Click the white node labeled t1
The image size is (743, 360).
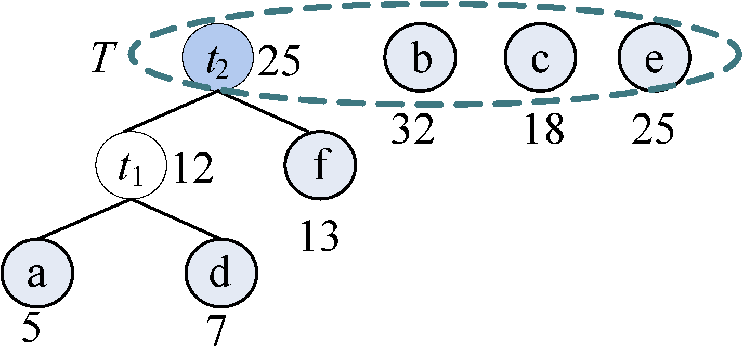pos(131,165)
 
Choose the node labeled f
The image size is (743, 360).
pos(320,164)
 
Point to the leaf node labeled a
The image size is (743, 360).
pos(36,273)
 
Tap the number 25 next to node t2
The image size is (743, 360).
pos(279,62)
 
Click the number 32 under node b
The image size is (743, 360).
pos(413,130)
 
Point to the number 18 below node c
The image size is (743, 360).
pos(544,130)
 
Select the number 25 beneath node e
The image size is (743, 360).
pos(653,130)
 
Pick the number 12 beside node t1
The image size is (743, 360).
pos(193,169)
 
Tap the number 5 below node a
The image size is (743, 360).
pos(31,328)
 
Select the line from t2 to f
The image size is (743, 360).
pos(263,111)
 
